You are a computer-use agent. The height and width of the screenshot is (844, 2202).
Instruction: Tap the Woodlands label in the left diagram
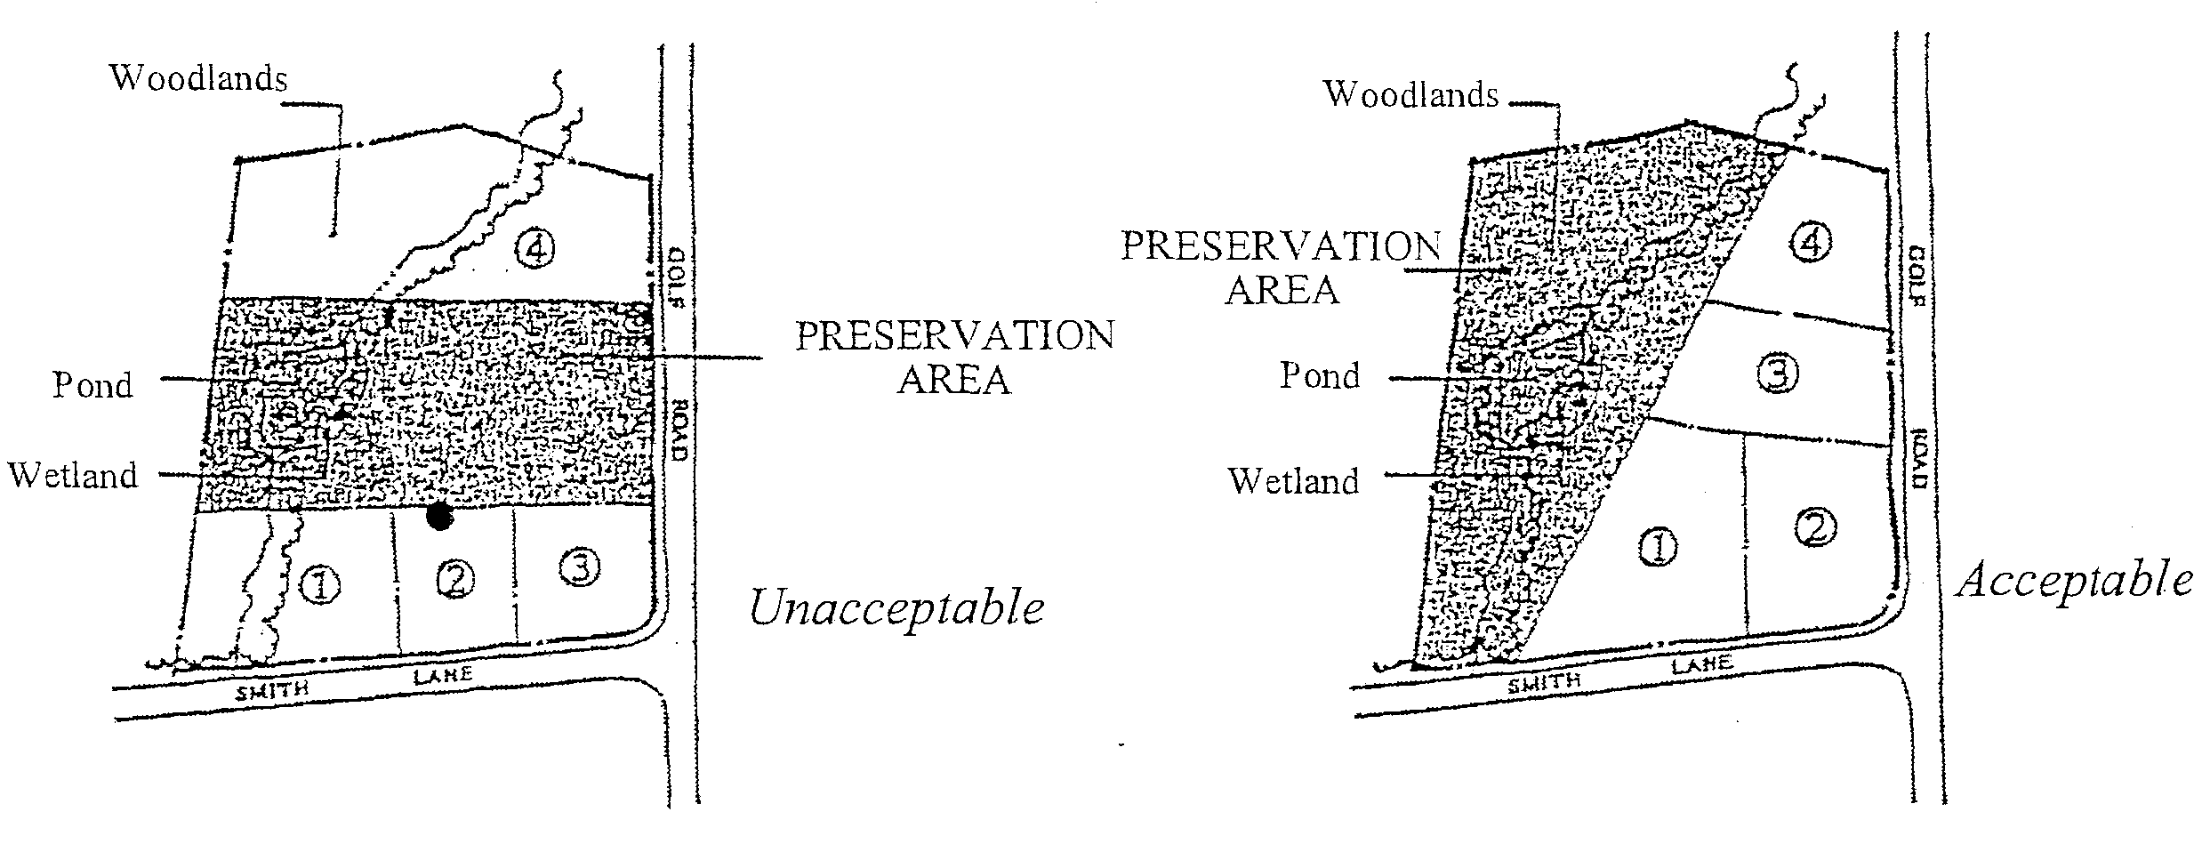198,78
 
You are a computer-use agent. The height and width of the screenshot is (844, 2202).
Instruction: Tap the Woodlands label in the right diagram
1411,93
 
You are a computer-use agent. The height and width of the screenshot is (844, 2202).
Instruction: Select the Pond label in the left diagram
92,385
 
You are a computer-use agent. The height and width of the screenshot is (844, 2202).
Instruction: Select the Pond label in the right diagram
1320,375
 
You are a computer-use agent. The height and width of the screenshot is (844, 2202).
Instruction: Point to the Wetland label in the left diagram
74,475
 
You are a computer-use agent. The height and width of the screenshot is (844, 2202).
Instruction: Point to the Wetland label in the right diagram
1294,481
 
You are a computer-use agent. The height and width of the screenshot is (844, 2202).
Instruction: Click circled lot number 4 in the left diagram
535,249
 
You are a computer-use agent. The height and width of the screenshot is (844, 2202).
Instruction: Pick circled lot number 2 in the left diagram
456,580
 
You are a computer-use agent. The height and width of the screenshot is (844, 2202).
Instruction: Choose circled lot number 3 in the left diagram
580,567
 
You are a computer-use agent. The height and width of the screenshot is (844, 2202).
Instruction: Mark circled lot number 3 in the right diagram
1778,374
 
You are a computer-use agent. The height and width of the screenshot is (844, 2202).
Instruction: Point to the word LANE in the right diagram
1701,665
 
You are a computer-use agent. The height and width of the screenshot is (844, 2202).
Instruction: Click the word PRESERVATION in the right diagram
1280,246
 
